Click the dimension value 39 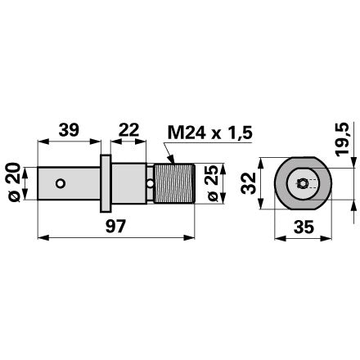[x=69, y=130]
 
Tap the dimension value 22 [x=128, y=130]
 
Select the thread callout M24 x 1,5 [x=210, y=133]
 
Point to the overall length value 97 [x=116, y=226]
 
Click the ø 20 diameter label [x=15, y=182]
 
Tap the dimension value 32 [x=249, y=183]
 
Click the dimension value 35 [x=304, y=227]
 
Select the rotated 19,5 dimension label [x=342, y=139]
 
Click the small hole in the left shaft [x=61, y=183]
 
